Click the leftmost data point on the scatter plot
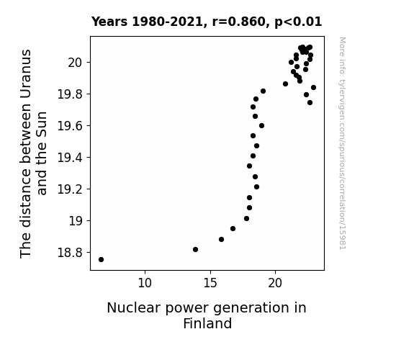[101, 260]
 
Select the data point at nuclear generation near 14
[195, 250]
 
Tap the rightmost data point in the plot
[313, 87]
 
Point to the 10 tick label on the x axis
[145, 283]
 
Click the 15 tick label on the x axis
[210, 283]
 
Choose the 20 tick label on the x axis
[275, 283]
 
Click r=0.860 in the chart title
[239, 22]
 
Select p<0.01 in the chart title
[298, 22]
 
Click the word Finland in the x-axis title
[207, 323]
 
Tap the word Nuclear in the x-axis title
[134, 308]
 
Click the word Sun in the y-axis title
[42, 125]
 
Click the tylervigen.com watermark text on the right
[343, 143]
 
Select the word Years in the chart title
[109, 22]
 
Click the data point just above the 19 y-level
[247, 219]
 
